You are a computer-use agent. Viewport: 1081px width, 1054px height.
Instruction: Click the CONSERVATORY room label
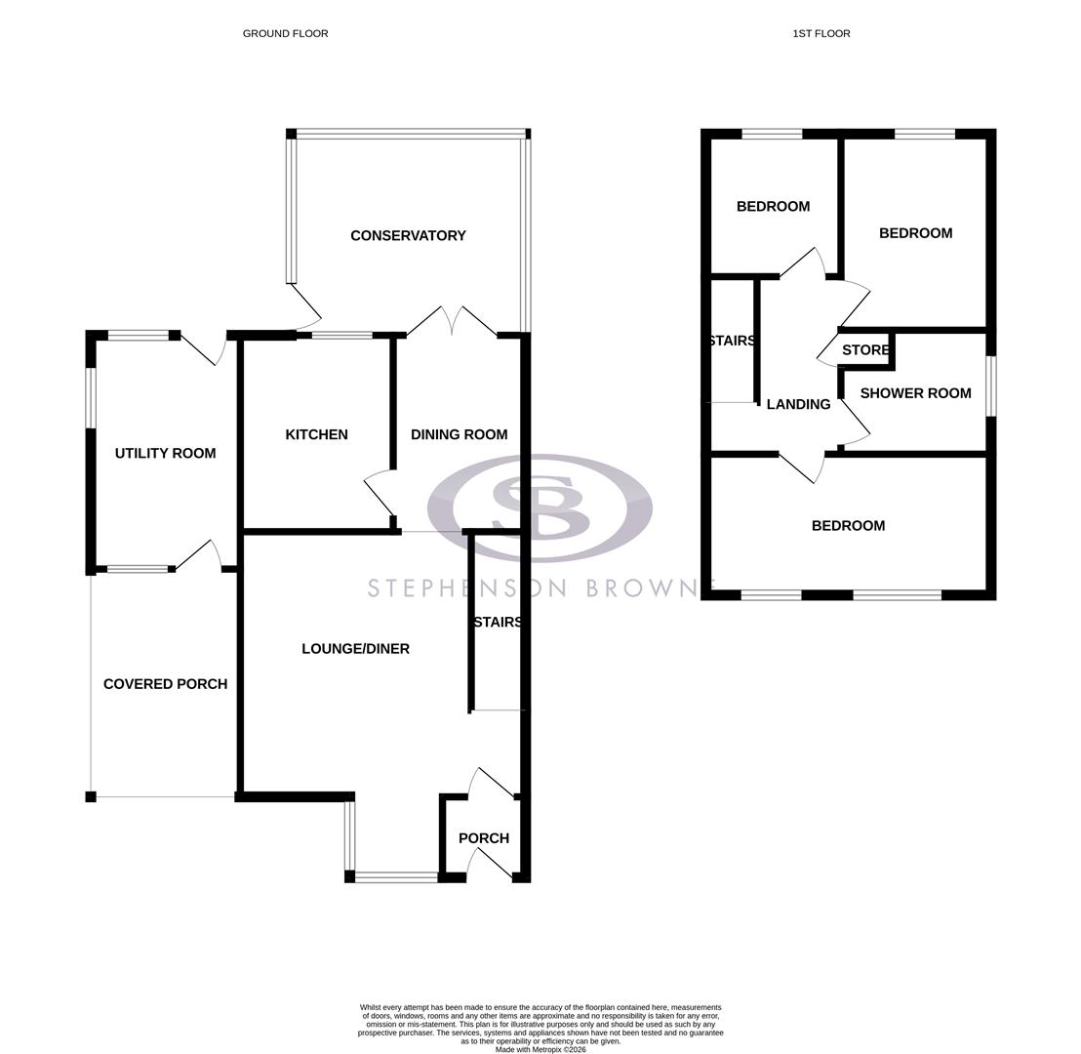(408, 235)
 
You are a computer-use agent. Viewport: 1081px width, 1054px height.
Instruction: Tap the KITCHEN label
(316, 434)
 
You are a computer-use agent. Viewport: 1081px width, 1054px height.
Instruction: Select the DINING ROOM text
(459, 434)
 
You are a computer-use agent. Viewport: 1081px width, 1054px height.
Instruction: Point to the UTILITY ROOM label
(165, 453)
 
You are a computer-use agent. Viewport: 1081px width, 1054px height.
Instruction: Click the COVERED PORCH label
(165, 684)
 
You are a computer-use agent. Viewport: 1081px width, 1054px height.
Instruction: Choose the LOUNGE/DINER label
(355, 649)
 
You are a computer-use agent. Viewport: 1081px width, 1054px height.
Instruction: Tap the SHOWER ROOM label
(915, 393)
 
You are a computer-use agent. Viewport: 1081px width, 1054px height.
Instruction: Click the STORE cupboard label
(865, 350)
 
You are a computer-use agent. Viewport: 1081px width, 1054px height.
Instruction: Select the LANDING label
(798, 404)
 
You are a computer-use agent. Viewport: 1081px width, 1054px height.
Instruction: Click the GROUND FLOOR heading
(285, 33)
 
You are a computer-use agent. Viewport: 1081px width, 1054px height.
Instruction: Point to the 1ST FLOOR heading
(821, 33)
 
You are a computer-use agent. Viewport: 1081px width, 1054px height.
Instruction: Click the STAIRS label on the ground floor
(497, 623)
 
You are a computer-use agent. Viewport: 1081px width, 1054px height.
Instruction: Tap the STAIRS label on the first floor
(732, 341)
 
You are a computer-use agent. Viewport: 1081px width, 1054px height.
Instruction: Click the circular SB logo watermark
(540, 507)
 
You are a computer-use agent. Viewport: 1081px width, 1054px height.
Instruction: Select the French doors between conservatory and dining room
(452, 322)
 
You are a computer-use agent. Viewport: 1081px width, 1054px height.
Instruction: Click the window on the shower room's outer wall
(990, 386)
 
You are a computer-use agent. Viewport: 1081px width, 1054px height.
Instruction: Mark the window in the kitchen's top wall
(341, 336)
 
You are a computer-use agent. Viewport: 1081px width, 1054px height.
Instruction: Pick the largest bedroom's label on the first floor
(848, 526)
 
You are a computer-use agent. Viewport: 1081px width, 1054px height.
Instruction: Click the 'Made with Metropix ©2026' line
(540, 1050)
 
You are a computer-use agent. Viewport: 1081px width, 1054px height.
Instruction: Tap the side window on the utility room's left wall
(91, 397)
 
